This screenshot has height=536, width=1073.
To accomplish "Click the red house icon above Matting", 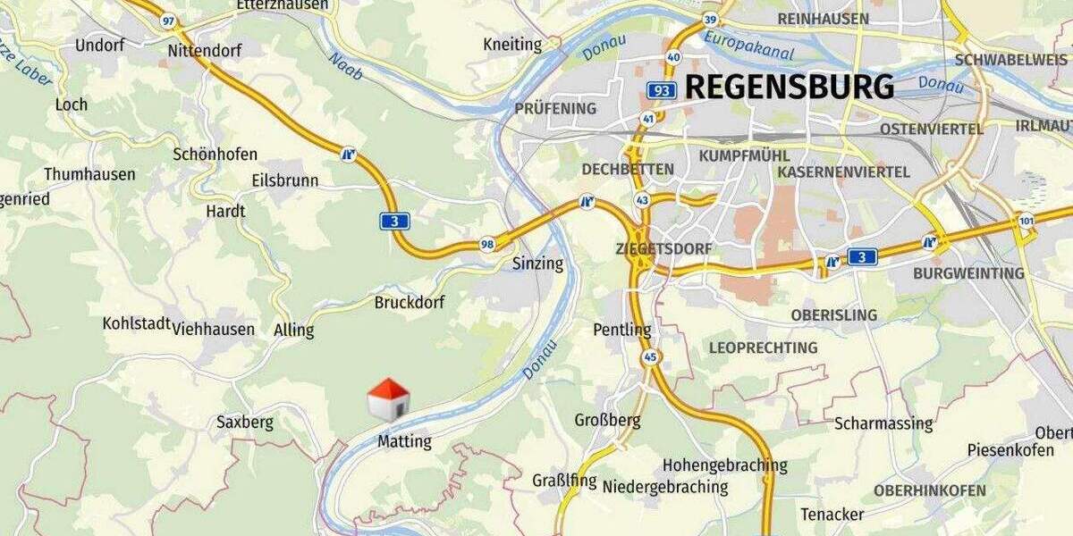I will (388, 399).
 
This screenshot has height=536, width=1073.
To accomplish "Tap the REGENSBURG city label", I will (790, 88).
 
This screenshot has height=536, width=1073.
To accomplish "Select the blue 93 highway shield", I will (662, 90).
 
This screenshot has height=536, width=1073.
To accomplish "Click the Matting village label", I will (404, 441).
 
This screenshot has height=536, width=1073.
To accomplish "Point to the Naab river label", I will (345, 65).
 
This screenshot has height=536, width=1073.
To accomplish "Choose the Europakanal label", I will (748, 46).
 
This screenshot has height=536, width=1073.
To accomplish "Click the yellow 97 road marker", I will (169, 20).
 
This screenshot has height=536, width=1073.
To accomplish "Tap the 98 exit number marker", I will (487, 244).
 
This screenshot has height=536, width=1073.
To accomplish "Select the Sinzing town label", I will (537, 264).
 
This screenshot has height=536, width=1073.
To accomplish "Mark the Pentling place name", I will (622, 330).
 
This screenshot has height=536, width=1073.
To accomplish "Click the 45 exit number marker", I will (650, 357).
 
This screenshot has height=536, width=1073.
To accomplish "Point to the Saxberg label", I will (245, 423).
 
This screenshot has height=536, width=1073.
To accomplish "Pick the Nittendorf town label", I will (205, 51).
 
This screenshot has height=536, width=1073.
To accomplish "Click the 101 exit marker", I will (1025, 220).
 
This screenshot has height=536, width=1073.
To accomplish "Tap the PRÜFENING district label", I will (555, 109).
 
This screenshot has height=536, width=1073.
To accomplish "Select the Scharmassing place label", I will (883, 423).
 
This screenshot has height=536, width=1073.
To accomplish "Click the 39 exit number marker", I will (711, 20).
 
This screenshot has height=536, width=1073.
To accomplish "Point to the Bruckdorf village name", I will (410, 303).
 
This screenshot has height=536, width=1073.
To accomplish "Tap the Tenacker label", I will (832, 515).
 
